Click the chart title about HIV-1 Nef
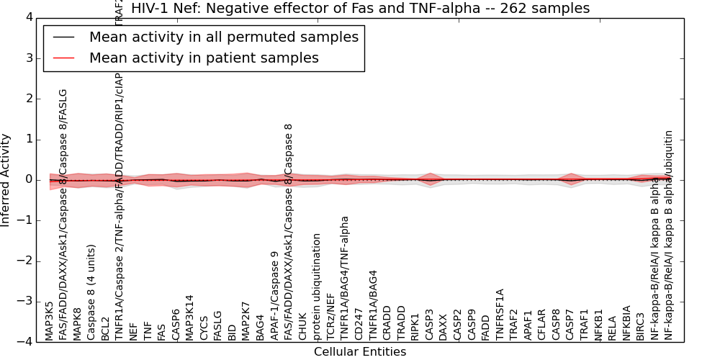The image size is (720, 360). click(x=360, y=9)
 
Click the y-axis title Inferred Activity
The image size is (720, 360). click(x=6, y=180)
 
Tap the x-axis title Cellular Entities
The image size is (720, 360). click(x=360, y=352)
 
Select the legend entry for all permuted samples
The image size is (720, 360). click(x=223, y=37)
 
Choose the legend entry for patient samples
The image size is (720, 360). click(x=204, y=58)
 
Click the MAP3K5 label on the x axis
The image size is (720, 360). click(x=49, y=321)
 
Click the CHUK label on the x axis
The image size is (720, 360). click(x=302, y=325)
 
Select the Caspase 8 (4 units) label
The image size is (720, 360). click(x=91, y=299)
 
